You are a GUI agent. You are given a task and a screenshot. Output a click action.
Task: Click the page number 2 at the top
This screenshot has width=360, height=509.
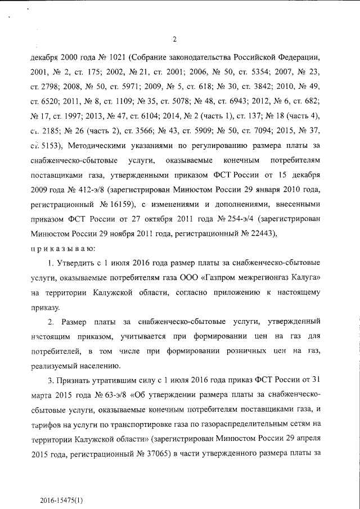click(175, 39)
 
